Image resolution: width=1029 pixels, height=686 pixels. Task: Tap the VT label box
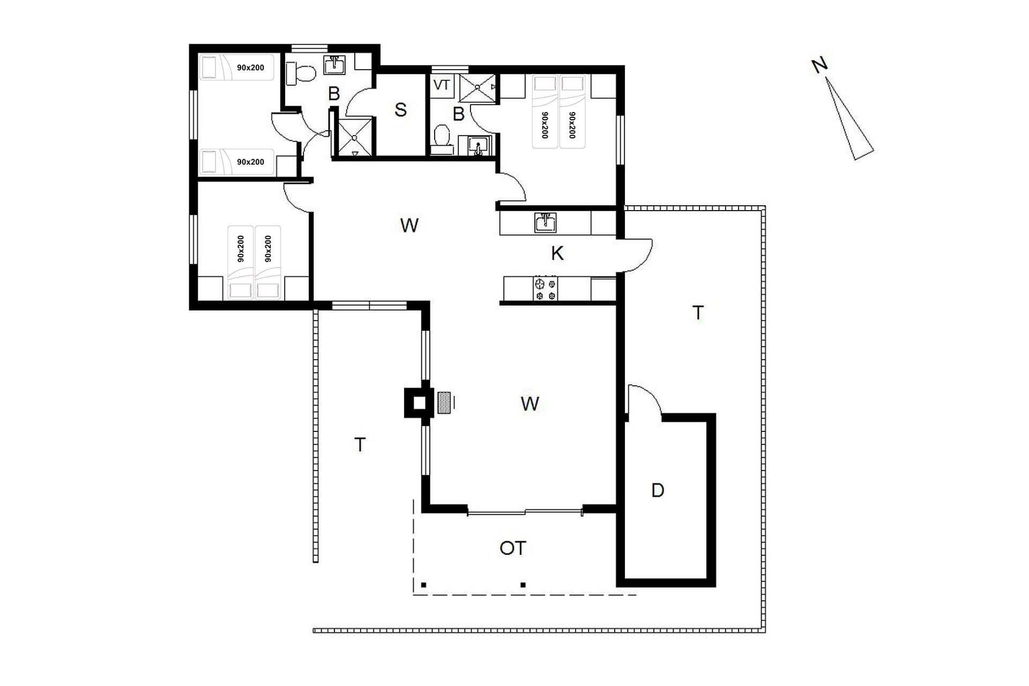[x=441, y=85]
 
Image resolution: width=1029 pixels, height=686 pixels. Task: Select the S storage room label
[x=400, y=110]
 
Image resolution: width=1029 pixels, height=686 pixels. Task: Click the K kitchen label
[x=557, y=253]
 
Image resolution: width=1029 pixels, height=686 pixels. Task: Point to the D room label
[x=658, y=490]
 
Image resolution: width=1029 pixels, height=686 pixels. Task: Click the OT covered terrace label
[x=513, y=548]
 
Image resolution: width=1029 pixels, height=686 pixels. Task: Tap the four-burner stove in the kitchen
[x=545, y=288]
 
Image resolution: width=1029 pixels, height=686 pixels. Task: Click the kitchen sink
[x=545, y=222]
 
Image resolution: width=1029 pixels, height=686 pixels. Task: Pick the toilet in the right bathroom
[x=442, y=138]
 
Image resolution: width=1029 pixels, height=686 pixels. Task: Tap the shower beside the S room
[x=354, y=138]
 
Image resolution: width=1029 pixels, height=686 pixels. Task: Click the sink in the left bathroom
[x=335, y=65]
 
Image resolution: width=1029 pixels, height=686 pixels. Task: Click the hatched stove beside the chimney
[x=444, y=402]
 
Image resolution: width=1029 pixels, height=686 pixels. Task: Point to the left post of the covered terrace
[x=423, y=585]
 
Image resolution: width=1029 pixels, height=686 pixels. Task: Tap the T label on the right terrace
[x=698, y=312]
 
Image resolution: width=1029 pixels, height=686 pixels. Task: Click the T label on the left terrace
[x=360, y=445]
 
